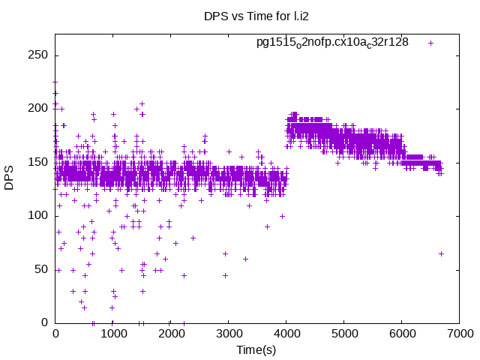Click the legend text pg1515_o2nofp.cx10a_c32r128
tap(332, 42)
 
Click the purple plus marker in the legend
tap(431, 43)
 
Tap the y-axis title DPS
tap(10, 178)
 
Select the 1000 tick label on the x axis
tap(112, 334)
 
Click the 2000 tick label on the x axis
tap(170, 334)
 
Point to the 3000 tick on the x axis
tap(228, 334)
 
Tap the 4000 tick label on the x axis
tap(286, 334)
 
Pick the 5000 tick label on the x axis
tap(343, 334)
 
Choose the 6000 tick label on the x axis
tap(401, 334)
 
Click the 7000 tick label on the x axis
tap(459, 334)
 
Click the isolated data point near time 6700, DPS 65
tap(441, 253)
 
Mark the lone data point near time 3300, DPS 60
tap(245, 259)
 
